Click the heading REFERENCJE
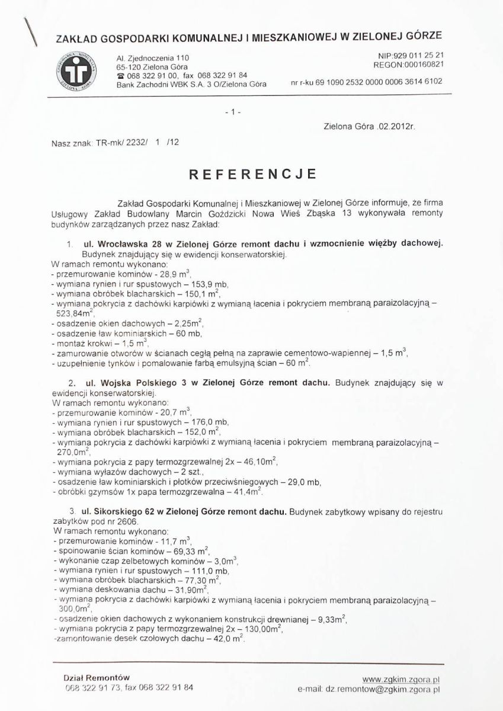tap(252, 175)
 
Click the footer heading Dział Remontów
tap(97, 677)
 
